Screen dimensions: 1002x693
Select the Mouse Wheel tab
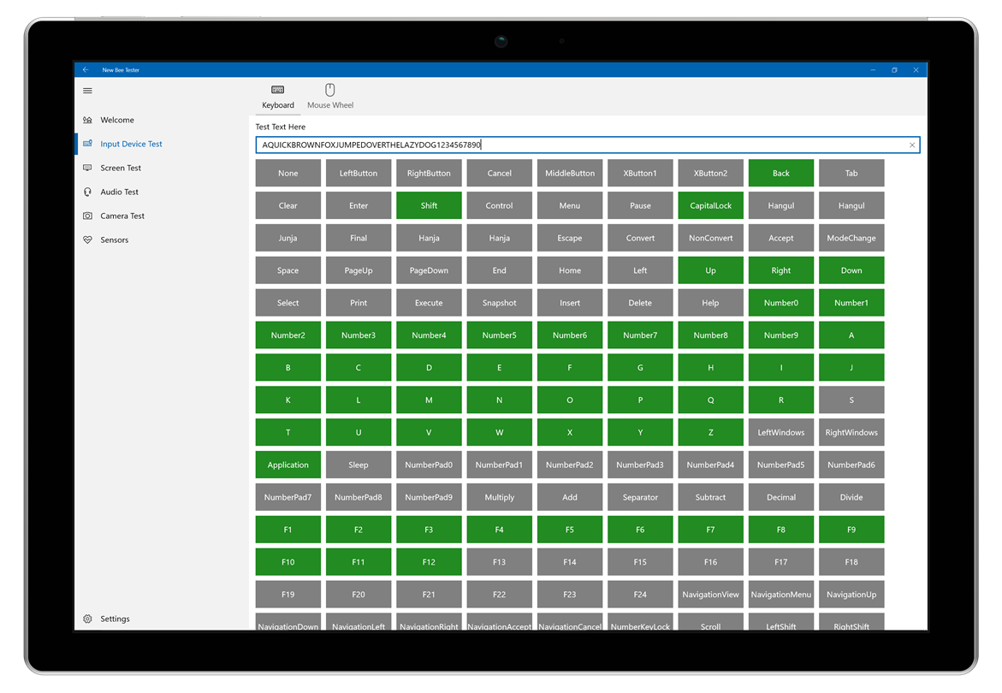pyautogui.click(x=329, y=97)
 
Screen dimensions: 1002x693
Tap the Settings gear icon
pyautogui.click(x=87, y=619)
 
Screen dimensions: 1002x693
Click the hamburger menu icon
pyautogui.click(x=87, y=91)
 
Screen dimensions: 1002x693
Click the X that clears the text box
pyautogui.click(x=912, y=145)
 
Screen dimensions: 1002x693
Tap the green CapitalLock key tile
pyautogui.click(x=710, y=205)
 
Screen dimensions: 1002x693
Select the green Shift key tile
pyautogui.click(x=429, y=205)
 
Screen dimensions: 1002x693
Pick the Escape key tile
pyautogui.click(x=569, y=238)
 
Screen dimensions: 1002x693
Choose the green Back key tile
pyautogui.click(x=781, y=173)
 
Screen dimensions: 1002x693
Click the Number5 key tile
pyautogui.click(x=499, y=335)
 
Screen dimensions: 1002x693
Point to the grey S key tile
pyautogui.click(x=851, y=400)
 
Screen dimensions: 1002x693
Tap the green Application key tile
pyautogui.click(x=288, y=465)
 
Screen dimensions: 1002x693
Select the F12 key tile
pyautogui.click(x=429, y=562)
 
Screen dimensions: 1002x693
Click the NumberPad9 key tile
pyautogui.click(x=429, y=498)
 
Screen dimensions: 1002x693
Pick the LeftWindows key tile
pyautogui.click(x=781, y=432)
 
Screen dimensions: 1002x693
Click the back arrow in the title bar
pyautogui.click(x=86, y=69)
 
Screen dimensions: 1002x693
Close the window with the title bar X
pyautogui.click(x=916, y=69)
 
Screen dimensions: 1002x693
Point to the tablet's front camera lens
pyautogui.click(x=501, y=41)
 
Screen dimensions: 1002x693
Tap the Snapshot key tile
pyautogui.click(x=499, y=303)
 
